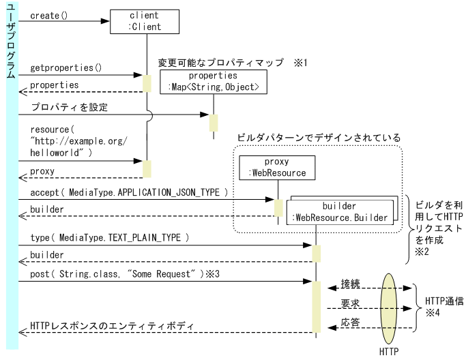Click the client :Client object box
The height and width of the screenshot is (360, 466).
click(145, 21)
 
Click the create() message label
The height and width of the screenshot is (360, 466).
click(49, 15)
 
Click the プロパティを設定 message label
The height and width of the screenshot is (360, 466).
click(69, 107)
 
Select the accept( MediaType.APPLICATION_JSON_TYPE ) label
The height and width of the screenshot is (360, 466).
click(129, 192)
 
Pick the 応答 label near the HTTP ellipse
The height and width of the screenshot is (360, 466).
click(351, 321)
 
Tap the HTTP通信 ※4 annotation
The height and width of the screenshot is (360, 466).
click(443, 305)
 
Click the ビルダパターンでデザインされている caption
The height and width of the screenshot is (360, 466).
click(318, 138)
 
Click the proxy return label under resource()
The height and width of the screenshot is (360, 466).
click(42, 170)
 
